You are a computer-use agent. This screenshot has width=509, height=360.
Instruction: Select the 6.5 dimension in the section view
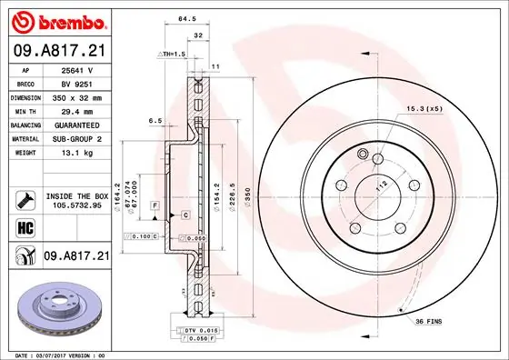click(155, 120)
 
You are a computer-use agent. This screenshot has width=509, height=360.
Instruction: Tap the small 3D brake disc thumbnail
click(56, 307)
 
